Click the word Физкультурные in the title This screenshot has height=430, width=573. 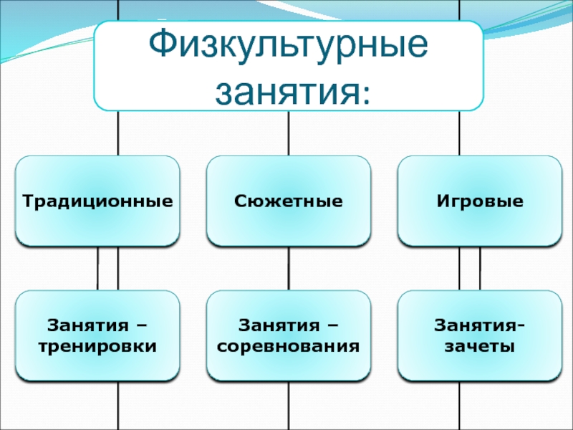289,45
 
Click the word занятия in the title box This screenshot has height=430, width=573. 286,92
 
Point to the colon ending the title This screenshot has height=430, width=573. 365,95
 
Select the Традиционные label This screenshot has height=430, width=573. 97,201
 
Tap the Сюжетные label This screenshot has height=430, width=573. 289,201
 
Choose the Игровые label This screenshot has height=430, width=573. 480,201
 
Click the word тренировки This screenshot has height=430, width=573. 97,347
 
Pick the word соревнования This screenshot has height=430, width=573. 289,346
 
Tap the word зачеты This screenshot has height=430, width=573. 480,346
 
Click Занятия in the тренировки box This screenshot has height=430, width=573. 88,325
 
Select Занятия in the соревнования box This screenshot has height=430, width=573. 279,325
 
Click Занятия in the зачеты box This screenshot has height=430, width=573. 475,325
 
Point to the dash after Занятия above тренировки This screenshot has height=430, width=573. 142,325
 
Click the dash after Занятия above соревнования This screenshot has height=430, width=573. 333,325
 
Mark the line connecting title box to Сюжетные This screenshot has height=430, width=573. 289,133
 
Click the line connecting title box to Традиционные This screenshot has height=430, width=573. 118,133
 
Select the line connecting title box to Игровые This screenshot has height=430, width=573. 459,133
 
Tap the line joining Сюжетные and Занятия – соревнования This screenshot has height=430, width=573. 289,269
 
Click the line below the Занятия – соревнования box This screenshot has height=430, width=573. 289,406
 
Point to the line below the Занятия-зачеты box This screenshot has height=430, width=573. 459,406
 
